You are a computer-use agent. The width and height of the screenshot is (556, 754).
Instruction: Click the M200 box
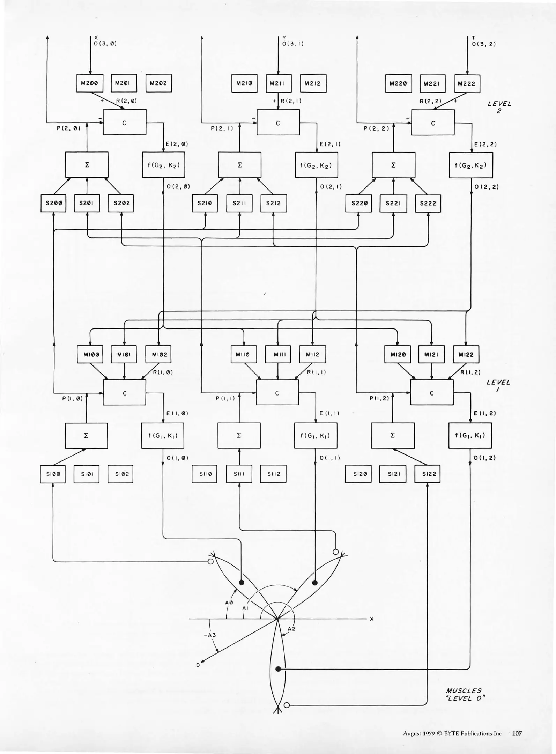pyautogui.click(x=90, y=83)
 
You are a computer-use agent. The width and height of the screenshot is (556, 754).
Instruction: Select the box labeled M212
pyautogui.click(x=313, y=83)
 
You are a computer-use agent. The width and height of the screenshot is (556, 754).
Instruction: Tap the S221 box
pyautogui.click(x=393, y=203)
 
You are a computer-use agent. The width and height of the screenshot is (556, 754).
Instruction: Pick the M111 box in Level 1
pyautogui.click(x=278, y=355)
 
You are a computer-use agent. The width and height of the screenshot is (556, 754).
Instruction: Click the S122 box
pyautogui.click(x=428, y=474)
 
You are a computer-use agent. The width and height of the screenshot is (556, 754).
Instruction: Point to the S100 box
pyautogui.click(x=53, y=474)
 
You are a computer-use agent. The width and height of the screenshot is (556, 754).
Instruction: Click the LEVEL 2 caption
pyautogui.click(x=499, y=107)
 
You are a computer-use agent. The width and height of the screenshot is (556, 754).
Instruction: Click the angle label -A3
pyautogui.click(x=210, y=635)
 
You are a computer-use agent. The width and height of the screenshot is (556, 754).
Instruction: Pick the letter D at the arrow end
pyautogui.click(x=198, y=665)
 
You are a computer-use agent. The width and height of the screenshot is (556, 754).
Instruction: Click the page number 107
pyautogui.click(x=517, y=733)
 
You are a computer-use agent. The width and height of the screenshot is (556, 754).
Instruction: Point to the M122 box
pyautogui.click(x=466, y=355)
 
